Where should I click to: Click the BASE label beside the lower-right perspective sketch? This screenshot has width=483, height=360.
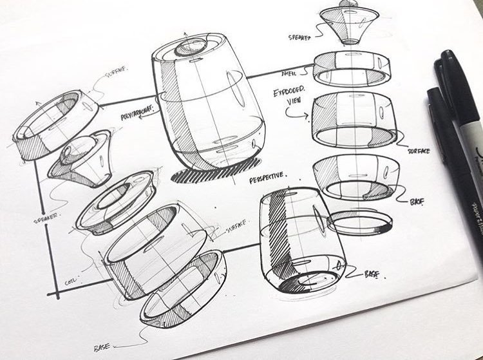point(372,274)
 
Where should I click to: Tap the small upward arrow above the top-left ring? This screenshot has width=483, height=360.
point(36,102)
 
